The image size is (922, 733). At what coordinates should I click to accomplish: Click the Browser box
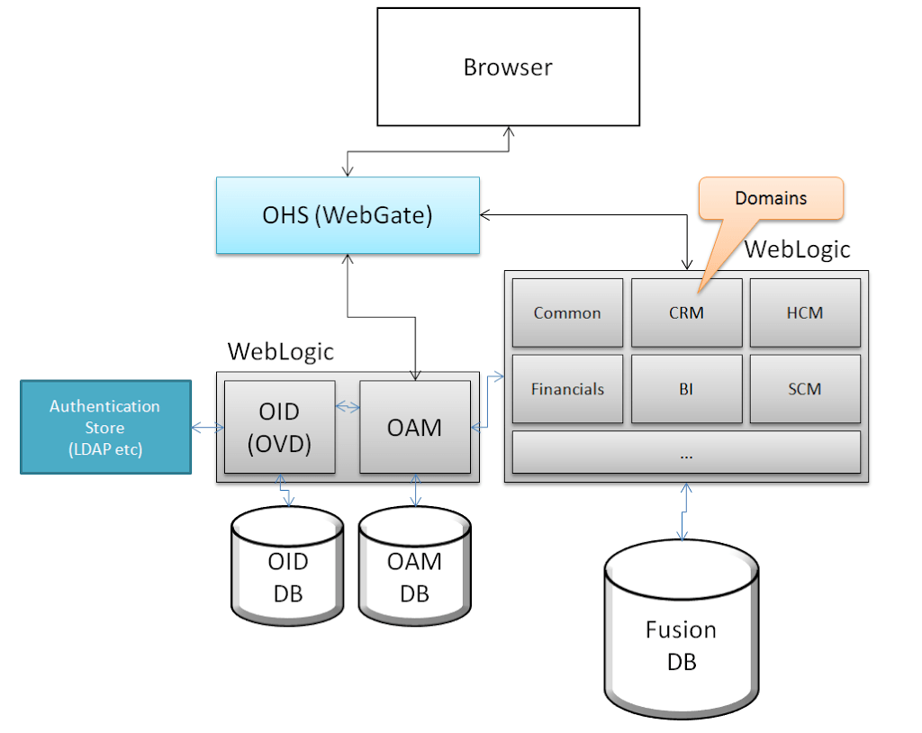pos(508,67)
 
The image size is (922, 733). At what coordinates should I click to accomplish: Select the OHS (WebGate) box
pos(348,215)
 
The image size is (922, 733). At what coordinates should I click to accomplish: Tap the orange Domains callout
pos(771,198)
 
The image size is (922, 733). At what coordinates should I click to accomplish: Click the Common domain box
pos(567,313)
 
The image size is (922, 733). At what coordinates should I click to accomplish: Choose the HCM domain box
pos(805,313)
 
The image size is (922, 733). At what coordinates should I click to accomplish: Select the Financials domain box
pos(567,389)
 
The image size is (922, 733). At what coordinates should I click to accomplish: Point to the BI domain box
pos(686,389)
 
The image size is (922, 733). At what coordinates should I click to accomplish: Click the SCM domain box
pos(805,389)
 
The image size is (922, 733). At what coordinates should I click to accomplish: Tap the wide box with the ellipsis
pos(686,452)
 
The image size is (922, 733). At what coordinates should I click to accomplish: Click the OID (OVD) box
pos(280,427)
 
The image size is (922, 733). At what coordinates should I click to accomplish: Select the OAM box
pos(415,427)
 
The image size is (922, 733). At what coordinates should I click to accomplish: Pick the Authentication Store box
pos(106,427)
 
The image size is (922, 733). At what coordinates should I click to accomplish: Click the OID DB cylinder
pos(287,566)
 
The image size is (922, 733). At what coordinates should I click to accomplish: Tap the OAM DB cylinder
pos(414,566)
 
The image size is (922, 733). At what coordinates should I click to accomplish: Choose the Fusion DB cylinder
pos(682,629)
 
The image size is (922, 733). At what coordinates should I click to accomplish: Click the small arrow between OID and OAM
pos(348,406)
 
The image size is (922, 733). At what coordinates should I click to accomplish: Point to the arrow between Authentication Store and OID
pos(208,428)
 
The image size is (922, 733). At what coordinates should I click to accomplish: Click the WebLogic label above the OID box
pos(281,352)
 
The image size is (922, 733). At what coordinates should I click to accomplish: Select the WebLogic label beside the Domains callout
pos(798,249)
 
